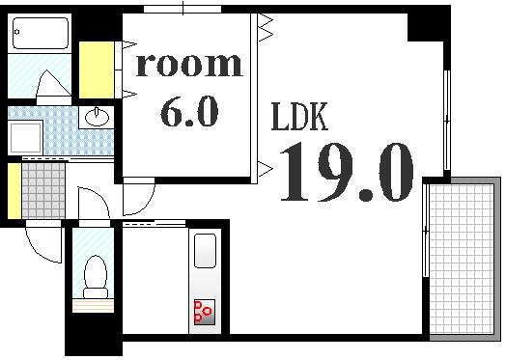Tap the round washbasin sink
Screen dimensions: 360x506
tap(97, 118)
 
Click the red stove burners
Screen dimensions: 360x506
tap(205, 311)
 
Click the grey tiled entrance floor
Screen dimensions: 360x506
tap(42, 191)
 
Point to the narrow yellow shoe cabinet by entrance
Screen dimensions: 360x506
tap(13, 191)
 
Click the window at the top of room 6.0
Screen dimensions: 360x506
tap(184, 8)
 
